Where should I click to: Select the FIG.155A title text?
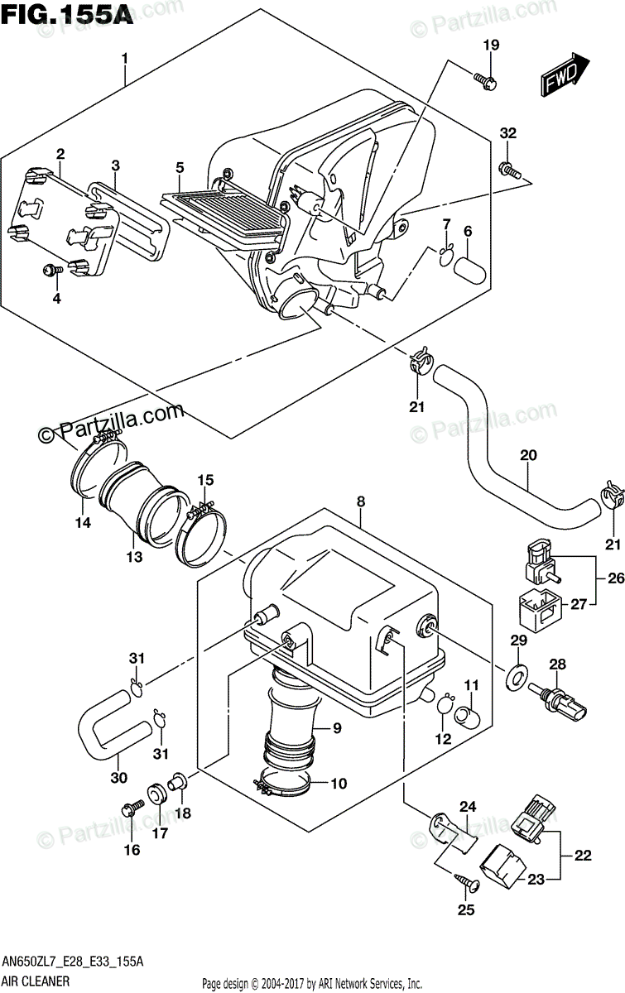tap(66, 16)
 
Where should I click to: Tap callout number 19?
tap(491, 46)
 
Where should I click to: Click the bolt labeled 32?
tap(510, 170)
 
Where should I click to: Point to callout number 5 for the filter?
tap(179, 168)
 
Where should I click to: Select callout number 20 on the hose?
tap(528, 454)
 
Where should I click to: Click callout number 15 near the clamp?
tap(205, 480)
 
